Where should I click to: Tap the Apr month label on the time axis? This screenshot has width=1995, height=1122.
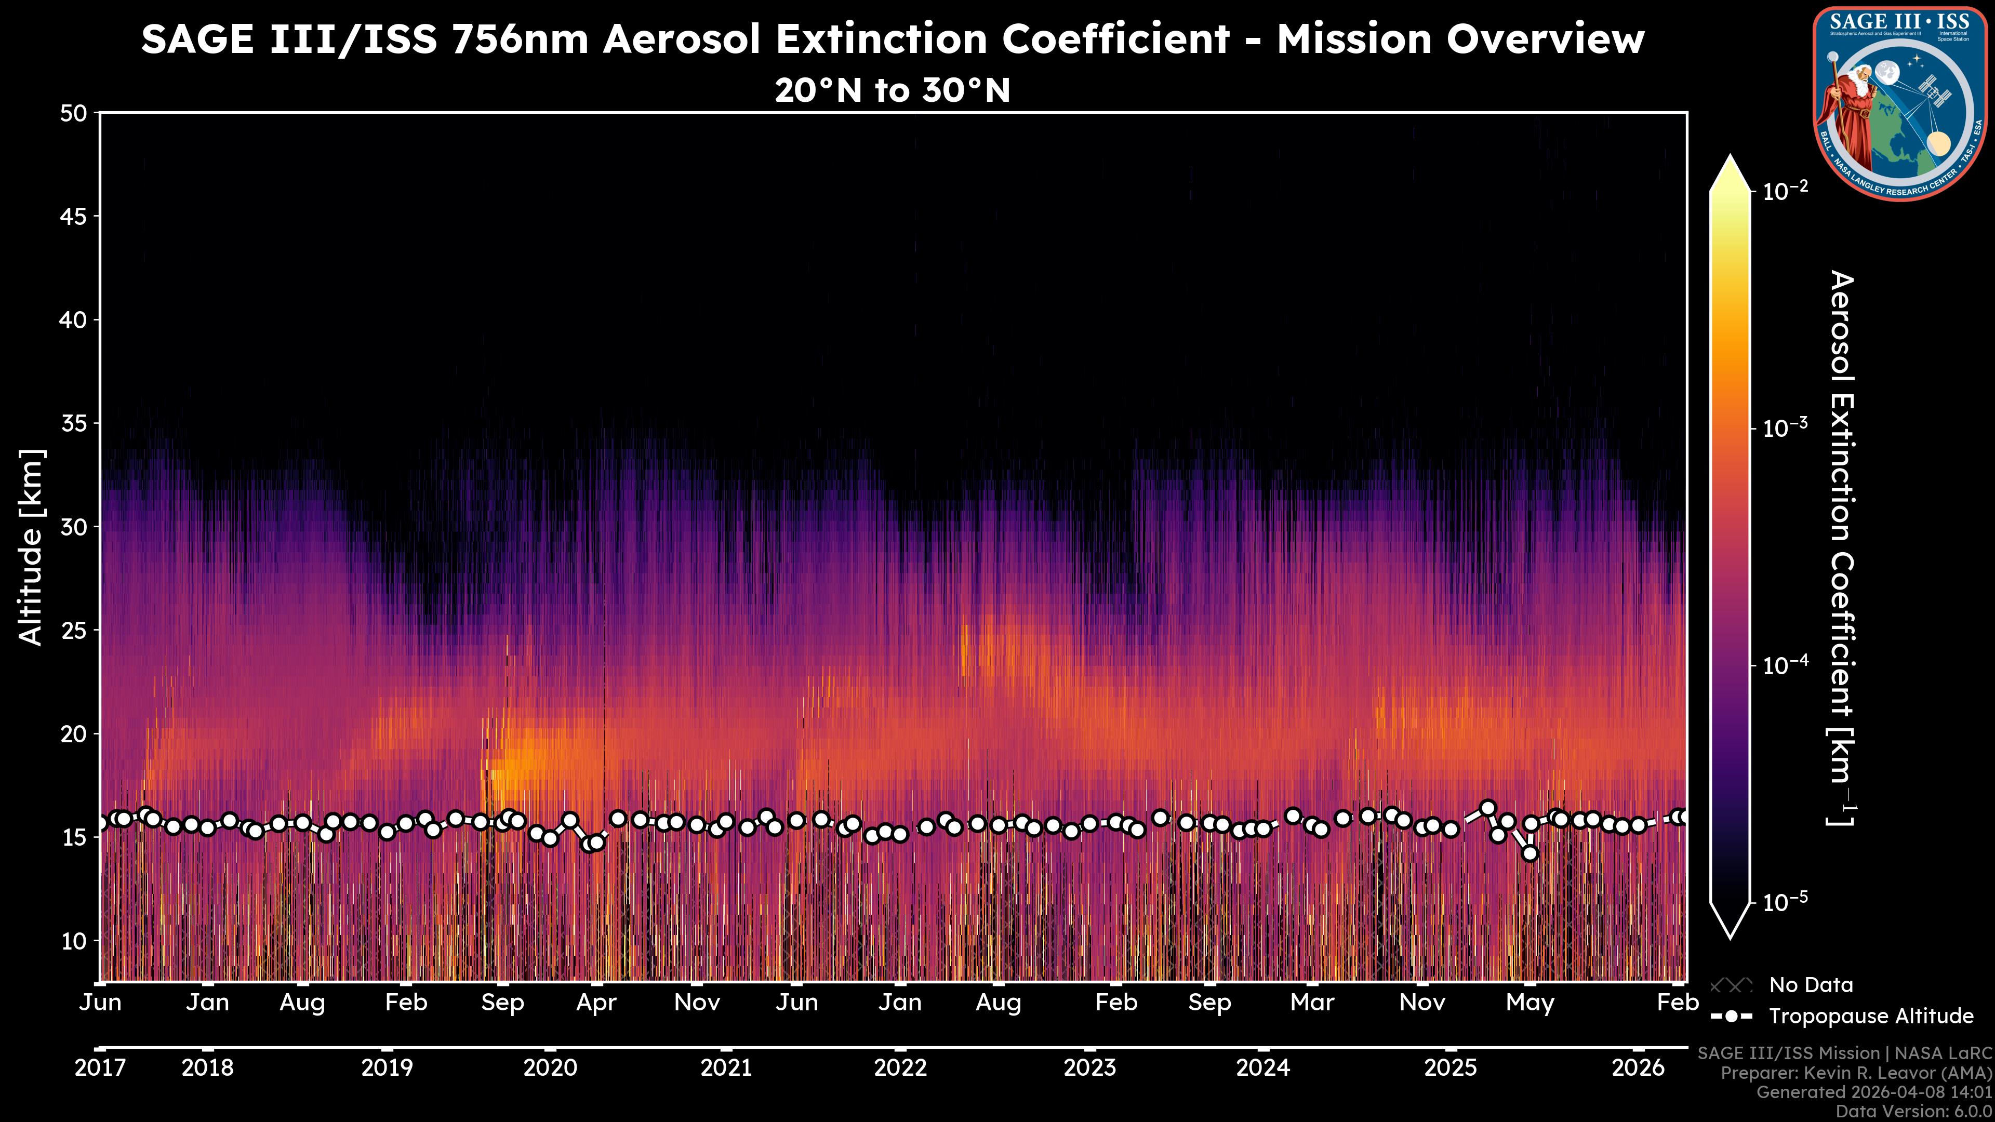click(x=596, y=1003)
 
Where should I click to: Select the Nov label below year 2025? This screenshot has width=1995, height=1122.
click(x=1422, y=1003)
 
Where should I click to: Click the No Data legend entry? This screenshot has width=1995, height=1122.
click(x=1811, y=985)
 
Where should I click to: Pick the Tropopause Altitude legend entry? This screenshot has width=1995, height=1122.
click(x=1870, y=1016)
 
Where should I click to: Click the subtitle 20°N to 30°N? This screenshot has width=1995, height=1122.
click(x=892, y=90)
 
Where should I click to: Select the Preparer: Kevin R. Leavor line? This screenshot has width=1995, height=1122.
click(x=1856, y=1073)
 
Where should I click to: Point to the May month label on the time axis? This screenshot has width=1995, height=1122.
click(x=1529, y=1003)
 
